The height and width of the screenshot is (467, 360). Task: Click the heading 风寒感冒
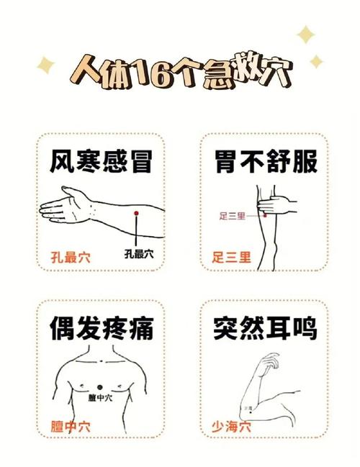(101, 161)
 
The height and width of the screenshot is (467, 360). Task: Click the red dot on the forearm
(136, 214)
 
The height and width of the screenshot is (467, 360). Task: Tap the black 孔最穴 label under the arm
(138, 253)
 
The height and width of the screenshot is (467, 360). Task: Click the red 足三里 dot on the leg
(265, 215)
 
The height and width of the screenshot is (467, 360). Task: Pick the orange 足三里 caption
(231, 257)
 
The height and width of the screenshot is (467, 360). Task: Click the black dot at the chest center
(99, 388)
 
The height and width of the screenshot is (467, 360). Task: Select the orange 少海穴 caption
(231, 424)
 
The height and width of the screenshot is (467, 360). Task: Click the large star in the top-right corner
(307, 35)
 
